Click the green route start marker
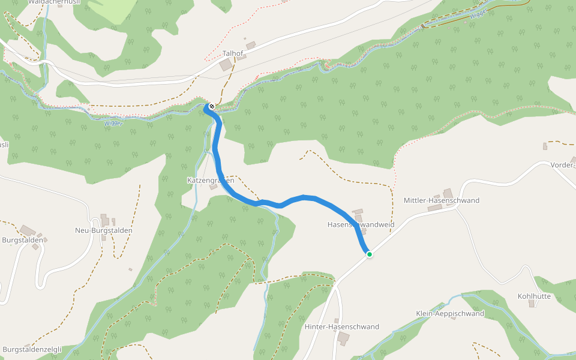370,254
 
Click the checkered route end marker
211,107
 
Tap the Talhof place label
232,53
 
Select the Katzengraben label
210,180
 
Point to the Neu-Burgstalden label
103,230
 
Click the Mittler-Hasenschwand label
442,200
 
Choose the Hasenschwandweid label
361,224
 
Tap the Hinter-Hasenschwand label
342,327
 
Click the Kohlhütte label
534,296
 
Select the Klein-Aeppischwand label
450,314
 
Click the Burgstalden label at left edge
22,240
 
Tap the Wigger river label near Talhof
113,123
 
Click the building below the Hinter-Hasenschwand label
343,338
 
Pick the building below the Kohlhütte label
532,304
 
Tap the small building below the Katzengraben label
213,187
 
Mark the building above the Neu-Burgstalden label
106,220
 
